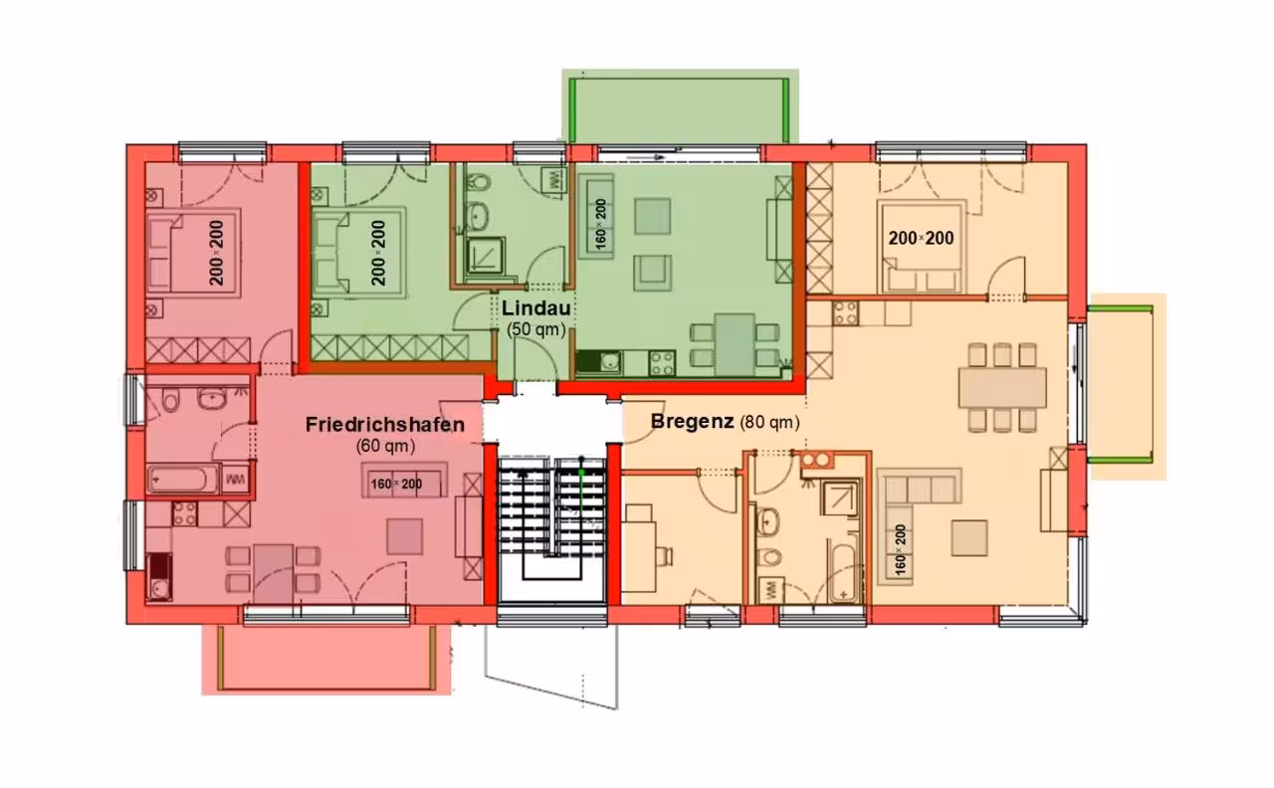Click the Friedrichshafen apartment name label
385,425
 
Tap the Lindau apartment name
535,308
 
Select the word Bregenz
692,422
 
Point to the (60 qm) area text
385,447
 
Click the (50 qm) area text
535,329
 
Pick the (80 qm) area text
770,423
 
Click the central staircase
551,527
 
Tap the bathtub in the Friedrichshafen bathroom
183,480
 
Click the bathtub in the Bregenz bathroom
843,568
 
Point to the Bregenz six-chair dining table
1002,388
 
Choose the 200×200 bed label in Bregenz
921,238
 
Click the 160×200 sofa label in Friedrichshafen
396,484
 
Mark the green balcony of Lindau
680,106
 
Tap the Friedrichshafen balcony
326,660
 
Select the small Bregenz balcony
1127,387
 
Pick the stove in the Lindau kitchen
662,363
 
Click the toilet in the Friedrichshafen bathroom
170,400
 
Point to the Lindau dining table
735,344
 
